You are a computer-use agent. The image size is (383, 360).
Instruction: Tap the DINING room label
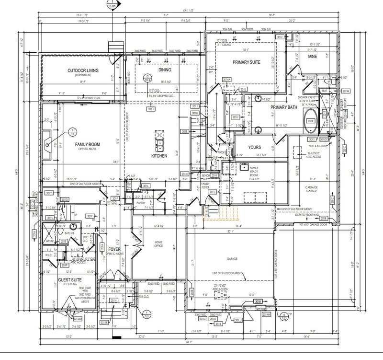[x=164, y=70]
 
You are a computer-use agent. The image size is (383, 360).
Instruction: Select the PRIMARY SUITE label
[x=246, y=62]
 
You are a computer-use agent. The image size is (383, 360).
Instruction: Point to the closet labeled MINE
[x=312, y=57]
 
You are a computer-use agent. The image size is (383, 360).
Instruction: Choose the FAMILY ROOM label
[x=88, y=144]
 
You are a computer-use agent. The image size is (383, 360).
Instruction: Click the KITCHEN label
[x=159, y=156]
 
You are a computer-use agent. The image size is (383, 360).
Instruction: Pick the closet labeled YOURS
[x=254, y=148]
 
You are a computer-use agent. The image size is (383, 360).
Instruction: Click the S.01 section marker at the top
[x=112, y=5]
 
